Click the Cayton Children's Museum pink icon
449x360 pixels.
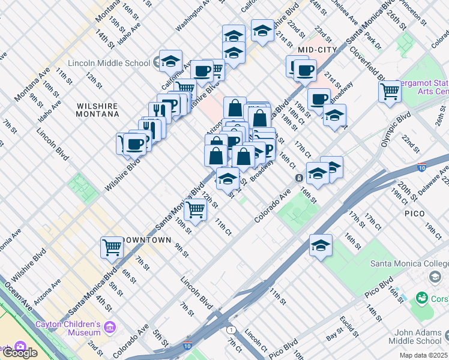[109, 327]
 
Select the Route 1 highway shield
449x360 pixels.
[231, 330]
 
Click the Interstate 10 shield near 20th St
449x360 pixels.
[422, 167]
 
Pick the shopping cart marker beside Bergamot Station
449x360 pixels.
[390, 92]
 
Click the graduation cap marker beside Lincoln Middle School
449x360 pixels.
[170, 61]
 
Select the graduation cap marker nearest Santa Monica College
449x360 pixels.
[321, 245]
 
